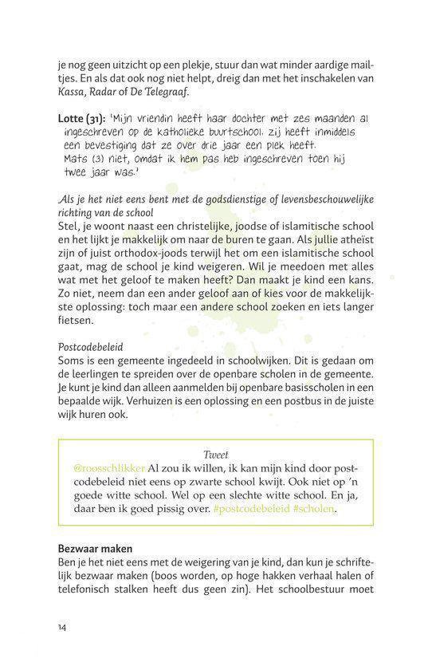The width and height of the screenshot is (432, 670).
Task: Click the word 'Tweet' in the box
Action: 215,454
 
